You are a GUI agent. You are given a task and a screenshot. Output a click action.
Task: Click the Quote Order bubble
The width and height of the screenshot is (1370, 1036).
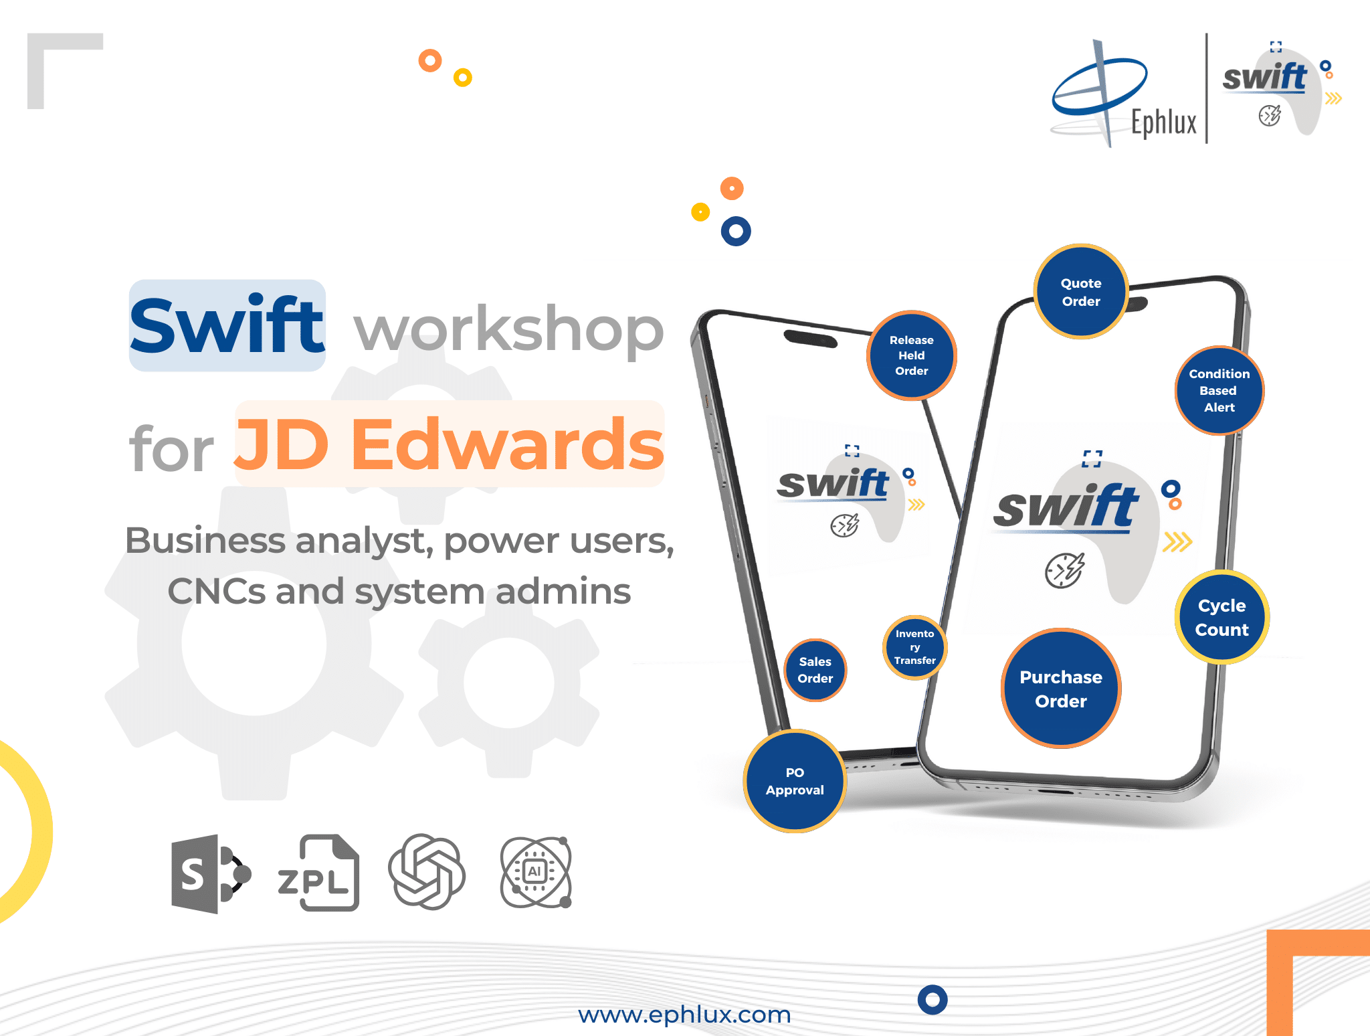[1081, 292]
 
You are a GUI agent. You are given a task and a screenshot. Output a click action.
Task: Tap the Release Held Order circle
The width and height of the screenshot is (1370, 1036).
[912, 355]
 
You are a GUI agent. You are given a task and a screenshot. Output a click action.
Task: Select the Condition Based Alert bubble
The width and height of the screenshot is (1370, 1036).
[1219, 390]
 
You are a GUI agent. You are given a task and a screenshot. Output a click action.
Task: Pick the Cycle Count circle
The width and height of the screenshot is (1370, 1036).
[1222, 617]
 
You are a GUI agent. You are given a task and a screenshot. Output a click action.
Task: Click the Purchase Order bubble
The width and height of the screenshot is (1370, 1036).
[1061, 688]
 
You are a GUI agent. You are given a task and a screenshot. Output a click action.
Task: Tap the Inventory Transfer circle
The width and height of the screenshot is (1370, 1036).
[914, 647]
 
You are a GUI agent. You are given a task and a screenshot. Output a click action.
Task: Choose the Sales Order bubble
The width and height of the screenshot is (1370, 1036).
[815, 670]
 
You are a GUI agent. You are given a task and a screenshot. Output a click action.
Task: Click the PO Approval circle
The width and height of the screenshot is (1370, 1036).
[795, 781]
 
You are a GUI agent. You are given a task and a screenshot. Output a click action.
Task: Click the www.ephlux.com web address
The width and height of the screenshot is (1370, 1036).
[684, 1015]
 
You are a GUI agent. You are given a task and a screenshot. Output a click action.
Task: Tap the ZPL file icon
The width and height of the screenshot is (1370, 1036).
[318, 873]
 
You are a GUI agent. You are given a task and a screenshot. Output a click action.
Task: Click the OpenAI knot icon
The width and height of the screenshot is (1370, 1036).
[427, 871]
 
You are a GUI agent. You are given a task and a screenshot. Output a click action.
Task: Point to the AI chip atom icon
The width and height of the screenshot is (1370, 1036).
[536, 872]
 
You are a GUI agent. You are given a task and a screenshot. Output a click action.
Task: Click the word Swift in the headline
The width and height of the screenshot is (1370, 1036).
[227, 326]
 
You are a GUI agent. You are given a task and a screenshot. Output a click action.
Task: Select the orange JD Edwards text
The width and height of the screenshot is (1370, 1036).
[450, 444]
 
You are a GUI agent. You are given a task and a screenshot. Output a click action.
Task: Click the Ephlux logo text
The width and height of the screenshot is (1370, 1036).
[1164, 122]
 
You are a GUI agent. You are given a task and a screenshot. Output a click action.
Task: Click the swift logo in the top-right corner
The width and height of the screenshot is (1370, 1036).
[1281, 87]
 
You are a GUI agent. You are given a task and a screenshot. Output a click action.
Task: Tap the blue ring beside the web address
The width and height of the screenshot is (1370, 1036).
[933, 1000]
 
